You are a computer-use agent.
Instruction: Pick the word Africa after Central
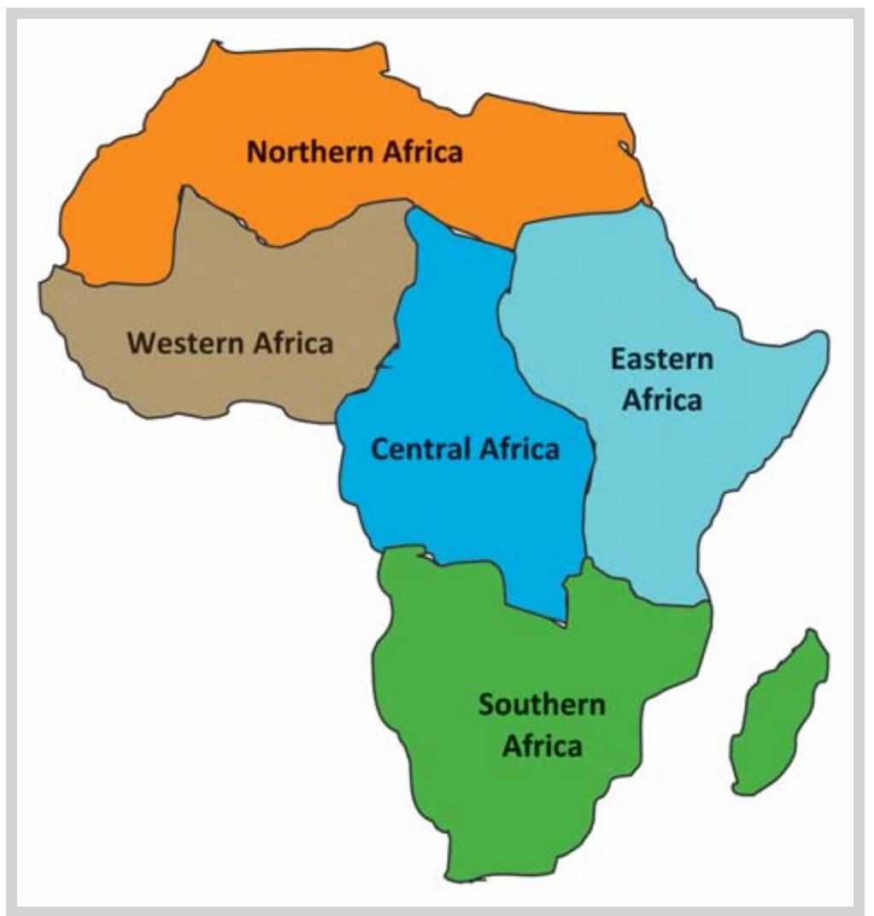click(518, 449)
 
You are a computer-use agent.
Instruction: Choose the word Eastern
click(661, 359)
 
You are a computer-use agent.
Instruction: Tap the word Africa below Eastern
click(661, 399)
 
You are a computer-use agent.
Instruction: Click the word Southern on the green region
click(542, 706)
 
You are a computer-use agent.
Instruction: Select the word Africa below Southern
click(542, 746)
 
